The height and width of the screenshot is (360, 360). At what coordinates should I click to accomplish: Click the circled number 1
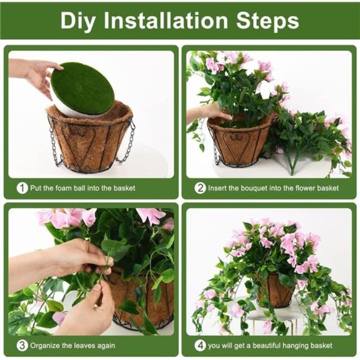coord(22,187)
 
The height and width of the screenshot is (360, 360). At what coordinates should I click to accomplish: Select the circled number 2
coord(200,187)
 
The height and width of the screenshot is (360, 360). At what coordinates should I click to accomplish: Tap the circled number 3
coord(22,345)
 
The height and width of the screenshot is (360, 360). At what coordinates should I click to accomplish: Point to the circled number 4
coord(200,345)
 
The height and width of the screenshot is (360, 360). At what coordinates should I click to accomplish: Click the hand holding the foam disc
coord(36,73)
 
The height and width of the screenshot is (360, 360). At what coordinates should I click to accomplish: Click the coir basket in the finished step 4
coord(273,290)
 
